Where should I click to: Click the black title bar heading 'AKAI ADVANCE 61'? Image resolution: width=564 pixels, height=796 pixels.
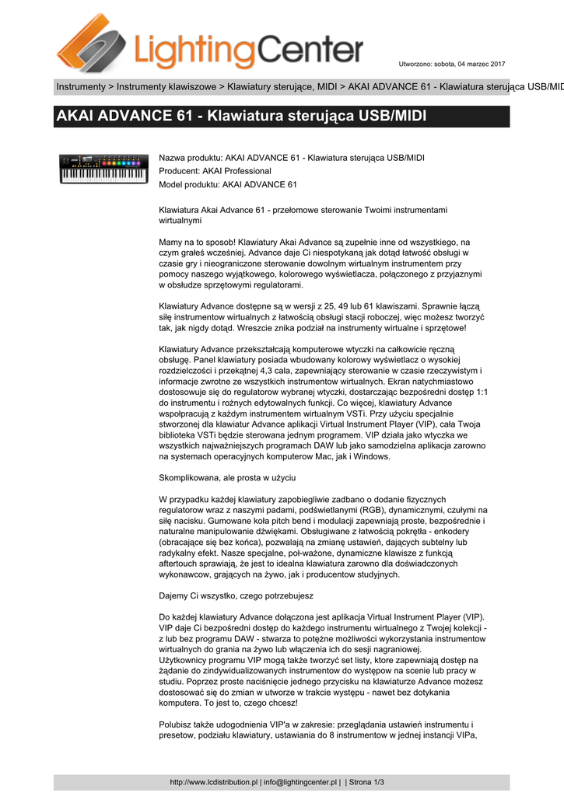[x=241, y=117]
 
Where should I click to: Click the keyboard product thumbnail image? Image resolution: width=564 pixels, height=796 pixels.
[x=103, y=167]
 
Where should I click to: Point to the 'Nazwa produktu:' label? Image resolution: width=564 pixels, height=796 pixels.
[x=190, y=158]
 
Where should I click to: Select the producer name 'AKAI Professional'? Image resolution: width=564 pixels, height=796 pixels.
[x=236, y=171]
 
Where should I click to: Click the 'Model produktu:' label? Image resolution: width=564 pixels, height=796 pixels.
[x=189, y=184]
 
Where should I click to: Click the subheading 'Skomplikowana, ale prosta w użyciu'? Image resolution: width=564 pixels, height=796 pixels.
[x=227, y=477]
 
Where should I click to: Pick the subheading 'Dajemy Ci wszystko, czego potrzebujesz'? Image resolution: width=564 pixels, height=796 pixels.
[x=236, y=595]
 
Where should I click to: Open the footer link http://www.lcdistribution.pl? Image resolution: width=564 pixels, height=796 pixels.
[x=214, y=782]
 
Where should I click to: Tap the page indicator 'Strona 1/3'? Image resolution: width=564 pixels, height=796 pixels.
[x=369, y=782]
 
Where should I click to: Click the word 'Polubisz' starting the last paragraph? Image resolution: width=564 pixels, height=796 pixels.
[x=176, y=723]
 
